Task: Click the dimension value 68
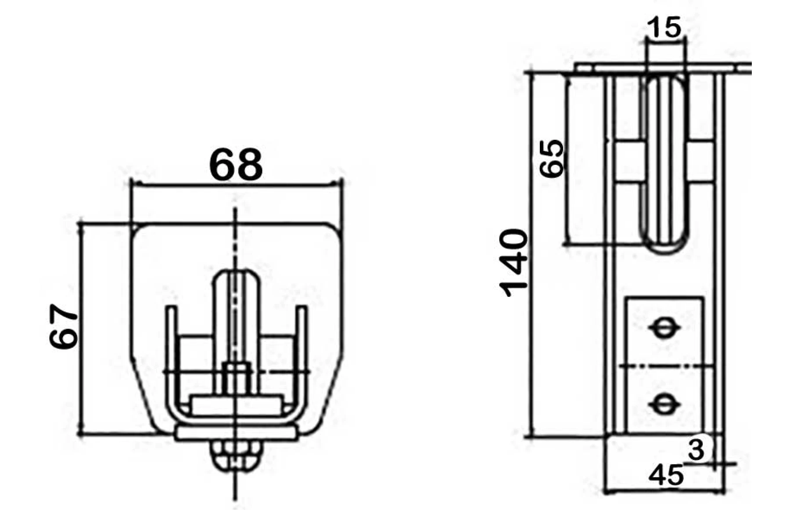point(236,165)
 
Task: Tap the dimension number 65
point(551,159)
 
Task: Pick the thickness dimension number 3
point(696,449)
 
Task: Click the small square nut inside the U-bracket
point(236,377)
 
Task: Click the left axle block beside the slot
point(629,162)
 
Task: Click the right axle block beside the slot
point(701,162)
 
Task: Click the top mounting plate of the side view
point(658,68)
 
